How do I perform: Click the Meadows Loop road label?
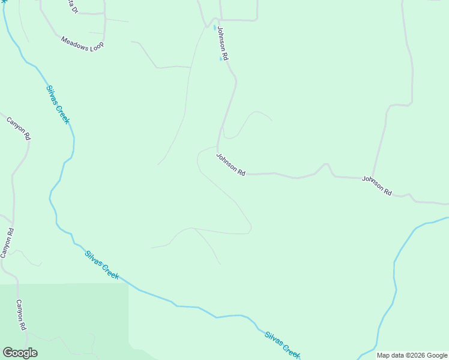coord(82,43)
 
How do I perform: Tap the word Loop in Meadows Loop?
coord(95,46)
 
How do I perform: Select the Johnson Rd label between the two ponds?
coord(223,43)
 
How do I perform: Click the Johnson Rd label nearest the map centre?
coord(231,164)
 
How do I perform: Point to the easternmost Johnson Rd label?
coord(376,186)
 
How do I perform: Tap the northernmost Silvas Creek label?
coord(58,104)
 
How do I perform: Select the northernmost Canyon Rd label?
coord(19,128)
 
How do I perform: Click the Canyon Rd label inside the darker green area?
coord(21,315)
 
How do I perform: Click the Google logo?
coord(20,353)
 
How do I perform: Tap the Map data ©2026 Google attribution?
coord(411,355)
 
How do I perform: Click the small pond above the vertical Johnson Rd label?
coord(214,27)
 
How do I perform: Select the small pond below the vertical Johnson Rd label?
coord(221,59)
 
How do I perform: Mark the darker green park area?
coord(66,318)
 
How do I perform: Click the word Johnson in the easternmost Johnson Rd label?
coord(372,184)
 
